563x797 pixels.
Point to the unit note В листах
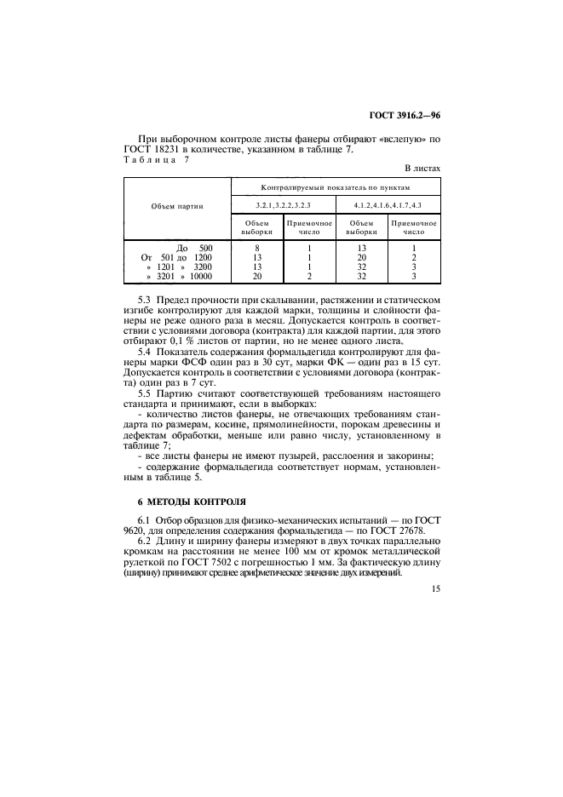click(x=422, y=169)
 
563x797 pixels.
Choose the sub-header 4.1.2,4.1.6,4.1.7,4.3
click(x=388, y=206)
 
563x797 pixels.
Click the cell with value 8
click(x=256, y=248)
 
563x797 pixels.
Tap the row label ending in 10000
click(x=180, y=277)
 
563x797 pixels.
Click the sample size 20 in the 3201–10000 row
click(x=256, y=277)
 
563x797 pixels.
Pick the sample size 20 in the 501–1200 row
click(x=362, y=257)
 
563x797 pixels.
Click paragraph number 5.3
click(x=145, y=301)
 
